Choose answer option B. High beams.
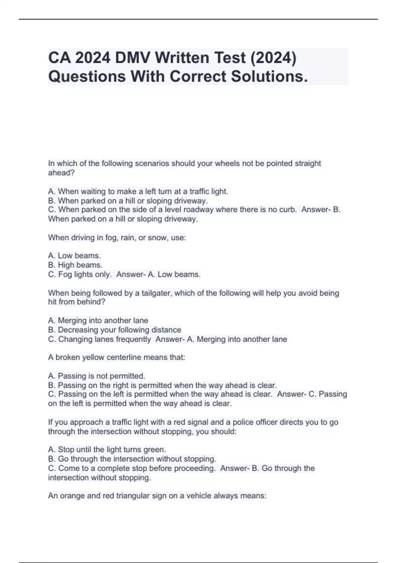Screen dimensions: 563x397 coord(75,265)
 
